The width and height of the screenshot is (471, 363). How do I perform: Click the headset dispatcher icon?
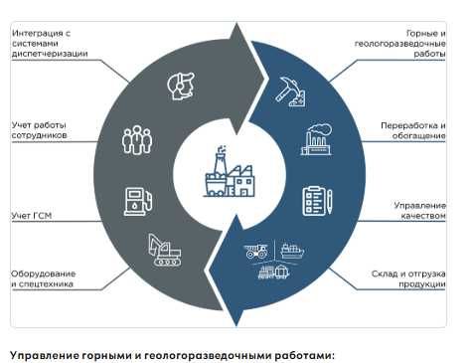pyautogui.click(x=181, y=87)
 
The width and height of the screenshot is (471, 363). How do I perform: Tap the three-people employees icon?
pyautogui.click(x=137, y=140)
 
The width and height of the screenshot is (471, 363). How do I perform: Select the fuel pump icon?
pyautogui.click(x=138, y=202)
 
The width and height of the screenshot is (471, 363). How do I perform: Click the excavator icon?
pyautogui.click(x=165, y=250)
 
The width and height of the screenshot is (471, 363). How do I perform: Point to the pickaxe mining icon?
pyautogui.click(x=290, y=91)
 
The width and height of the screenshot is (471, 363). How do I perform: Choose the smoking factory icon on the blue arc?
pyautogui.click(x=316, y=139)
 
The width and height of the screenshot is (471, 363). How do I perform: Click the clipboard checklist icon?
pyautogui.click(x=317, y=201)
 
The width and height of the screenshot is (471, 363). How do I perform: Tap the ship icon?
pyautogui.click(x=292, y=251)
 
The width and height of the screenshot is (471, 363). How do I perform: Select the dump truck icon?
pyautogui.click(x=256, y=251)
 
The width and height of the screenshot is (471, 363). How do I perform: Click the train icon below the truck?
pyautogui.click(x=273, y=272)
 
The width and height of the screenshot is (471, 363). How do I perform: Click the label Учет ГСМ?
pyautogui.click(x=32, y=216)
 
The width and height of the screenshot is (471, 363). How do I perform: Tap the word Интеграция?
pyautogui.click(x=38, y=33)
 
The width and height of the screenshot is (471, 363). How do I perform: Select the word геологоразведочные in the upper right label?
pyautogui.click(x=400, y=44)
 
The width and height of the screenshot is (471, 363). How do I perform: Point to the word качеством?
pyautogui.click(x=423, y=216)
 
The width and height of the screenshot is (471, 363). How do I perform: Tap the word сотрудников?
pyautogui.click(x=40, y=135)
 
